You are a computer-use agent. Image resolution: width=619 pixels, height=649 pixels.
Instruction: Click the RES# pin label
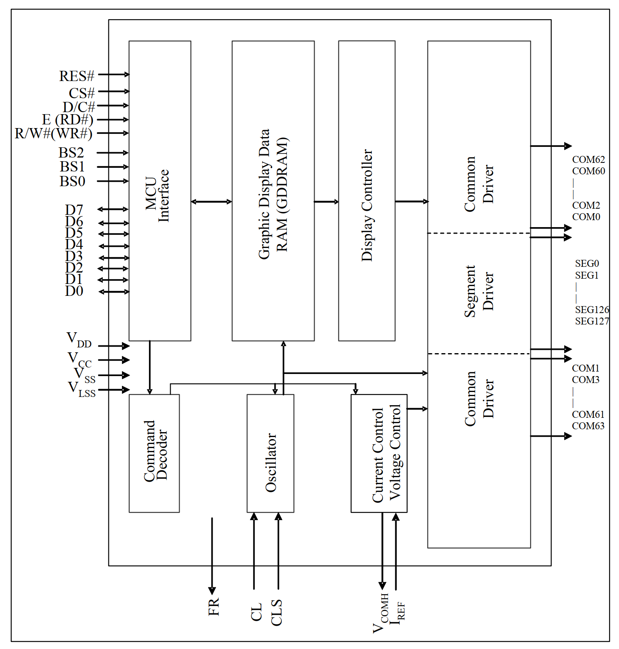(x=77, y=76)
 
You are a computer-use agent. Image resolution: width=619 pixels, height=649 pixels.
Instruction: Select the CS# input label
(x=81, y=93)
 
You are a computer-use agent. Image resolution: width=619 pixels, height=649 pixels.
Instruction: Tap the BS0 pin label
(x=72, y=181)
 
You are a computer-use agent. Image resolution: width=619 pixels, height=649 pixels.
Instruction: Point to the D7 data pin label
(x=74, y=210)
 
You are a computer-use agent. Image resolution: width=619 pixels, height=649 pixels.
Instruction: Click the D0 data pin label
(x=74, y=291)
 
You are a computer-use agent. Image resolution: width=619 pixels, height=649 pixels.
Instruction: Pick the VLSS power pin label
(x=81, y=389)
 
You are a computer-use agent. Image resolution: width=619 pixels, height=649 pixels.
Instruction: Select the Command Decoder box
(x=154, y=453)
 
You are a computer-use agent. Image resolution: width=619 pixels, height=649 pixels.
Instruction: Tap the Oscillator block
(x=270, y=453)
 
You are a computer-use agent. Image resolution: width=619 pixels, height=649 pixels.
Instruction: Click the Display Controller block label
(x=367, y=205)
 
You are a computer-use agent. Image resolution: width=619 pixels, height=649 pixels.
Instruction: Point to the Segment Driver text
(x=479, y=291)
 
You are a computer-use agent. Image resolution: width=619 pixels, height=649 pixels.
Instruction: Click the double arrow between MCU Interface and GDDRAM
(x=211, y=201)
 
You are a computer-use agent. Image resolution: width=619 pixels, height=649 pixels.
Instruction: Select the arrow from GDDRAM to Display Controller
(x=326, y=201)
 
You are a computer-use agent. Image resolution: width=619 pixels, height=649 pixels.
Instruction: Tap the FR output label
(x=213, y=606)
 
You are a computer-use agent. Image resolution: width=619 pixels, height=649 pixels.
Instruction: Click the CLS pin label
(x=277, y=612)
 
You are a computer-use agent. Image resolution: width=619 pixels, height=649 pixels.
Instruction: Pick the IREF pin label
(x=397, y=613)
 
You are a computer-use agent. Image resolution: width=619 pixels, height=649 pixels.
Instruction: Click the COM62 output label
(x=588, y=159)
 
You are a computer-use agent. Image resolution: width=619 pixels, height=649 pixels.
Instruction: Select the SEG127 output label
(x=592, y=321)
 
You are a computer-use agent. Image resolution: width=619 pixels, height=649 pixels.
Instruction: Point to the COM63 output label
(x=587, y=426)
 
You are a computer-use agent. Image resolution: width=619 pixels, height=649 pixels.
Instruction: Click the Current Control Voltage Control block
(x=379, y=453)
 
